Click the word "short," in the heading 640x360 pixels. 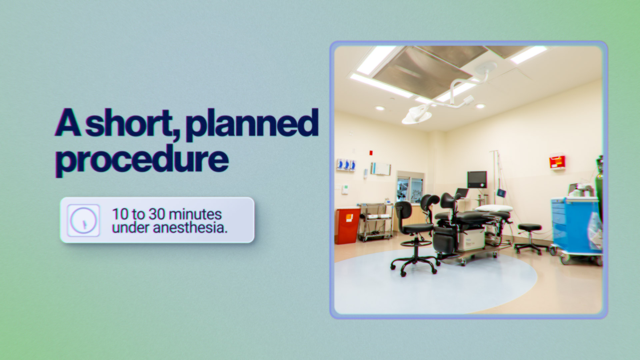point(133,123)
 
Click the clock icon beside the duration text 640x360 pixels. point(83,220)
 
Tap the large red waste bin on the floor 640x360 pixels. point(347,226)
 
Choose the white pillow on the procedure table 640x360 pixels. point(494,209)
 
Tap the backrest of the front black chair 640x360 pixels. point(403,210)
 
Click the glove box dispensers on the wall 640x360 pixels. point(346,165)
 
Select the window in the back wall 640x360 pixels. point(410,190)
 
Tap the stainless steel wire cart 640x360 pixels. point(375,222)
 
